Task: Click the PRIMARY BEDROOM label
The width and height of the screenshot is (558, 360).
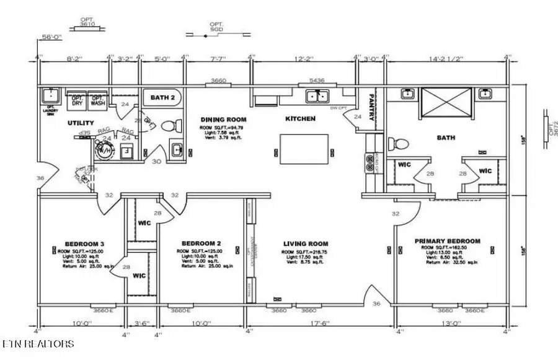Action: click(448, 240)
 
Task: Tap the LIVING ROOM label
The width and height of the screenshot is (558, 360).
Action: click(306, 244)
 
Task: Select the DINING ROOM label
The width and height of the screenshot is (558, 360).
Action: click(223, 120)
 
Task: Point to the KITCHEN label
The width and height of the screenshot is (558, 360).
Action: click(300, 118)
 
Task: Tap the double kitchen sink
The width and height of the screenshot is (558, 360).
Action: click(318, 96)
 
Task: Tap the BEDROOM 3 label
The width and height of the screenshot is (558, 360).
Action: click(84, 244)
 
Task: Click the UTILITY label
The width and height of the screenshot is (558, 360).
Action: click(80, 123)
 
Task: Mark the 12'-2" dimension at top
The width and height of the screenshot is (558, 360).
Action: click(304, 59)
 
